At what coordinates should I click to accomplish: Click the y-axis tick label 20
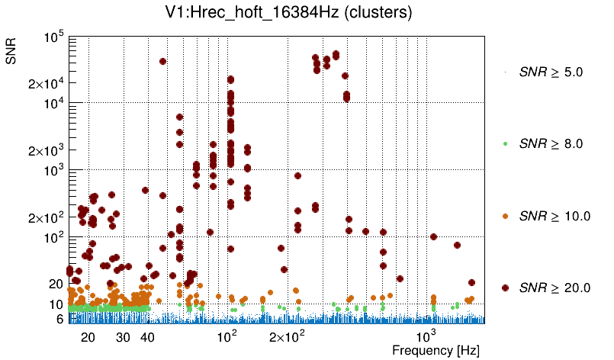[x=56, y=284]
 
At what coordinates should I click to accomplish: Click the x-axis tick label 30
[x=122, y=336]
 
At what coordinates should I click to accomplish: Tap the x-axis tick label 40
[x=148, y=336]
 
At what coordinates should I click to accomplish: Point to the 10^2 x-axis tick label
[x=227, y=335]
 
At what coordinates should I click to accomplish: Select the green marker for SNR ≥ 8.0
[x=506, y=143]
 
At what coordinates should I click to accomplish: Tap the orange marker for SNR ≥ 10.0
[x=506, y=216]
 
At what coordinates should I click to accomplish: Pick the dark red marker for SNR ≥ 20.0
[x=506, y=288]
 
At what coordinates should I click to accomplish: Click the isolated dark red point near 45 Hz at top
[x=162, y=61]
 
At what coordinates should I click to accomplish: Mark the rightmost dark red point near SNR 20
[x=471, y=283]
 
